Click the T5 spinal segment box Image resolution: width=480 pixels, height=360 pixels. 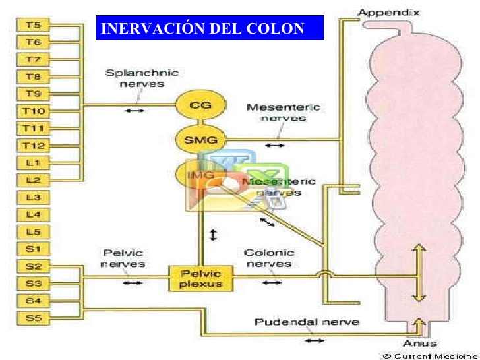pyautogui.click(x=34, y=26)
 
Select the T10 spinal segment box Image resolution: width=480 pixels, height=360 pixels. pyautogui.click(x=34, y=111)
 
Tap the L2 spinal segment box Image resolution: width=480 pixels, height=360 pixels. pyautogui.click(x=34, y=179)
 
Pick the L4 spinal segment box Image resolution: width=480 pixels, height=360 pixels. pyautogui.click(x=34, y=214)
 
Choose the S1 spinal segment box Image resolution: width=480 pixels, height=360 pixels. pyautogui.click(x=34, y=249)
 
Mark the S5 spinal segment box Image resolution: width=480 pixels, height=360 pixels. pyautogui.click(x=34, y=318)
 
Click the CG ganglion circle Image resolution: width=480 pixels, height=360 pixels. pyautogui.click(x=200, y=105)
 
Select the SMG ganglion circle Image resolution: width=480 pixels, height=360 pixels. pyautogui.click(x=200, y=139)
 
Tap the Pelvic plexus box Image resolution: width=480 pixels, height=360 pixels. pyautogui.click(x=201, y=278)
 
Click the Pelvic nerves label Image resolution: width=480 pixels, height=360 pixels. pyautogui.click(x=123, y=258)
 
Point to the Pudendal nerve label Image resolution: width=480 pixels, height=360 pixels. pyautogui.click(x=307, y=322)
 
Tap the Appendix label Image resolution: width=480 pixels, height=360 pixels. pyautogui.click(x=388, y=12)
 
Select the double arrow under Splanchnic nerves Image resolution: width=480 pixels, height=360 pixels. pyautogui.click(x=134, y=110)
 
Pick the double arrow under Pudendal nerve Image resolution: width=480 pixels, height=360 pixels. pyautogui.click(x=315, y=340)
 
